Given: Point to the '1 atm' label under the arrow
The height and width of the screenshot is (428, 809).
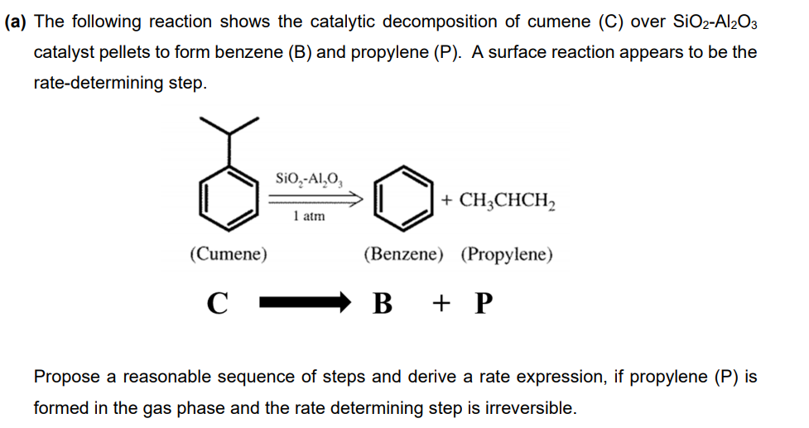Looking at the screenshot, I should coord(309,217).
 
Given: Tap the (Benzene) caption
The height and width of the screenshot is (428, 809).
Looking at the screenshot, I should coord(404,254).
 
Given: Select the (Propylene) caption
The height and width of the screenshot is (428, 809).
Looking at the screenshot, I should coord(506,254).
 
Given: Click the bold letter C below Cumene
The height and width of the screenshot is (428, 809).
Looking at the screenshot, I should coord(217,304).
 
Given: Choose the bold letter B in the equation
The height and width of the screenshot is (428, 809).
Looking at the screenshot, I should coord(382,304).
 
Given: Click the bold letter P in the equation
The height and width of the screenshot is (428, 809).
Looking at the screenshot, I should coord(484,304).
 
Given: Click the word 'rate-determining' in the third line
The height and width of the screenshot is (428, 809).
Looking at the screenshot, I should coord(89,84).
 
